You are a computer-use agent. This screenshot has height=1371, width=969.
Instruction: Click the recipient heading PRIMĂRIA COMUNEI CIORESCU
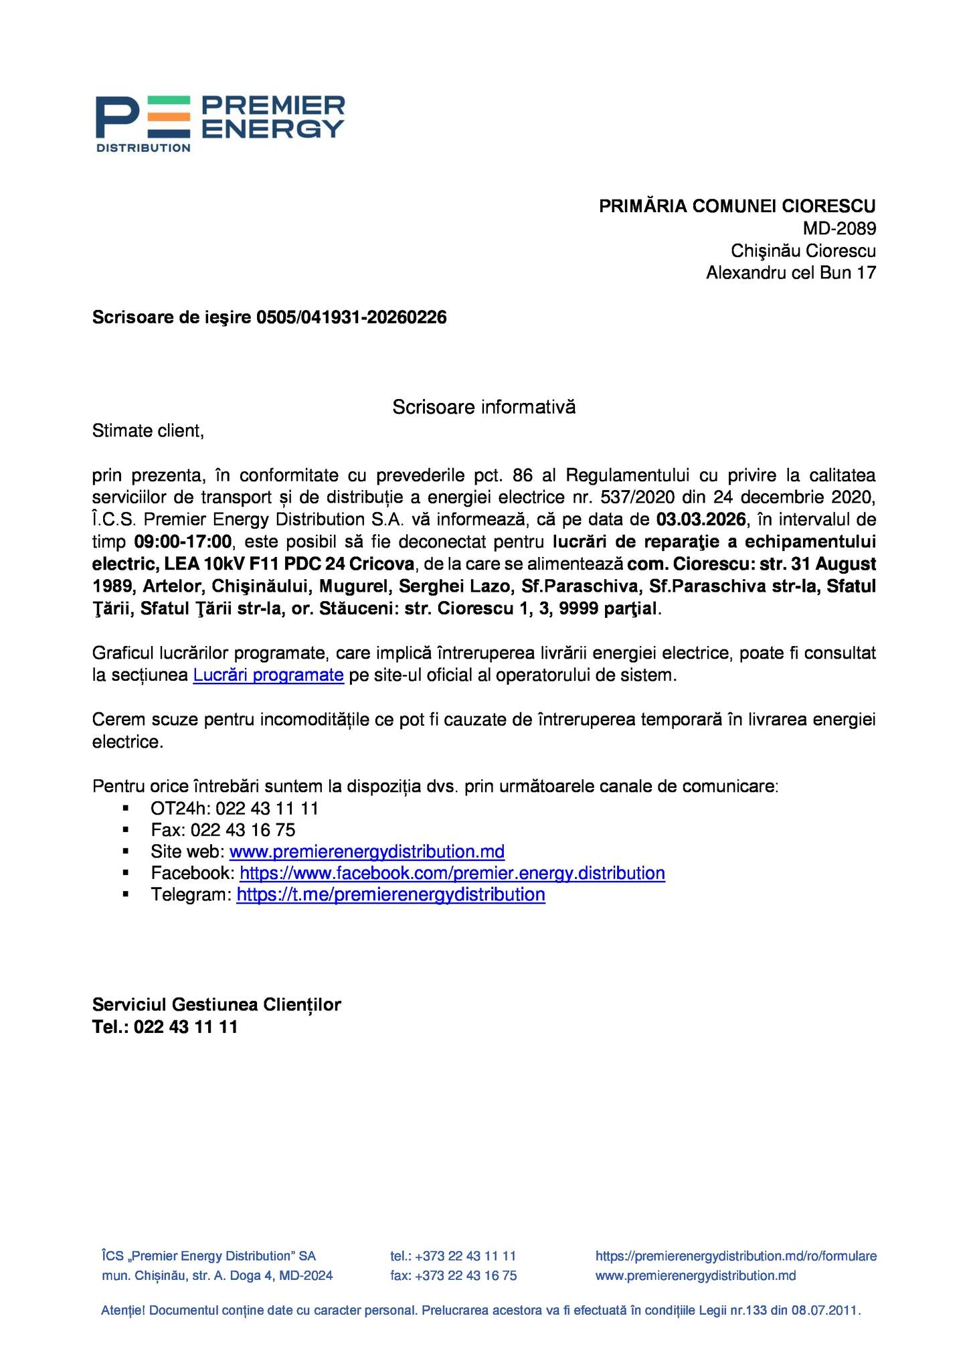pos(737,206)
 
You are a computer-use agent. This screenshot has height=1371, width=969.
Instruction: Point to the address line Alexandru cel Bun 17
pos(790,273)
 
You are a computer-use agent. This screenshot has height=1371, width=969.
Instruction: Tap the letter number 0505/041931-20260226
pos(351,317)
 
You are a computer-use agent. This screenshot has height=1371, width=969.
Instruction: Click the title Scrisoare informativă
pos(483,407)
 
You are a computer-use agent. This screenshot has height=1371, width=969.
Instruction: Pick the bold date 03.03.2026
pos(701,519)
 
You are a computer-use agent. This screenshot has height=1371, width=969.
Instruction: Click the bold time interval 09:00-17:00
pos(183,542)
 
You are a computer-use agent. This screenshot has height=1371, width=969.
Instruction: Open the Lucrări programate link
pos(268,675)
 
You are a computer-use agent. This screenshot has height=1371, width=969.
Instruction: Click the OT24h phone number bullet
pos(234,809)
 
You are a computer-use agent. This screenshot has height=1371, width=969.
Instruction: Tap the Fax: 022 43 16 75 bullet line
pos(223,830)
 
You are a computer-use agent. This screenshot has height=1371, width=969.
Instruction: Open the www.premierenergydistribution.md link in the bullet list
pos(367,852)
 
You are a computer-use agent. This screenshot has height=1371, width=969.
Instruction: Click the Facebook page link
pos(452,874)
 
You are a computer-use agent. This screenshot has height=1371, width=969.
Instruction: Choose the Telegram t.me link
pos(391,895)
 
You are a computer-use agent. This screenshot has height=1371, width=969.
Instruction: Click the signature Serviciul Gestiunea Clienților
pos(216,1005)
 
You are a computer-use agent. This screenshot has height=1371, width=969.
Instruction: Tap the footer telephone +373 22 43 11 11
pos(465,1257)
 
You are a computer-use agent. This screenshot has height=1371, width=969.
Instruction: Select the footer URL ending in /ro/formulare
pos(735,1257)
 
